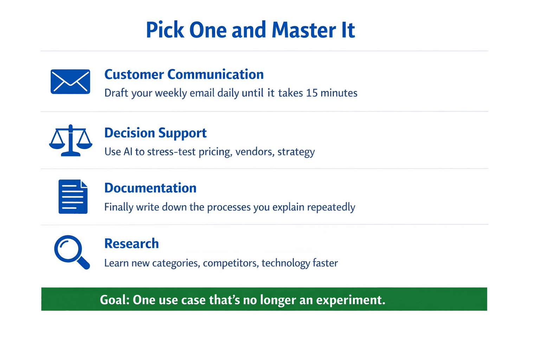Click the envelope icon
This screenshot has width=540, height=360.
click(x=70, y=82)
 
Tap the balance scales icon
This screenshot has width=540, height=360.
click(x=71, y=140)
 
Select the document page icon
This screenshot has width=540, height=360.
click(x=73, y=197)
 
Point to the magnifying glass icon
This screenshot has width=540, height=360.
click(x=72, y=252)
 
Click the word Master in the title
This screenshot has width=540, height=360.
click(x=304, y=30)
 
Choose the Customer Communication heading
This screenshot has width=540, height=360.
click(x=184, y=74)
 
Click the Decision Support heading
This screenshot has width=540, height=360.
click(x=155, y=133)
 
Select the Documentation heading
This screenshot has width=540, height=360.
click(x=150, y=188)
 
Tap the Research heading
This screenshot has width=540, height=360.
click(x=131, y=244)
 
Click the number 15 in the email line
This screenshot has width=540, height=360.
click(x=312, y=93)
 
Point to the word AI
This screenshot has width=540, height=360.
click(x=128, y=152)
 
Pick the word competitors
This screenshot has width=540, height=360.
click(x=231, y=263)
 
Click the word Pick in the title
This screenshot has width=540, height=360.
click(x=165, y=30)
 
